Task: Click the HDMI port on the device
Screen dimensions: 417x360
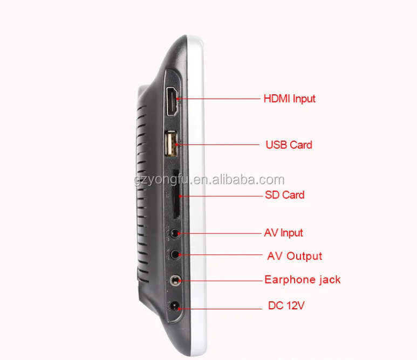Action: tap(173, 101)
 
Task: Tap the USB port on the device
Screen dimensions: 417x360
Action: tap(171, 144)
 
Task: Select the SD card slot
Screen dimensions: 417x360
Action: tap(176, 194)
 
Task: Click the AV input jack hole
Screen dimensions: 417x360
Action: tap(175, 233)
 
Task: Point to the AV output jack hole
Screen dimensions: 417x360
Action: tap(175, 254)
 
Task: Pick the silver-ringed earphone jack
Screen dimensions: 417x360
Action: tap(175, 281)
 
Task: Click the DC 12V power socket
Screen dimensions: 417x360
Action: tap(175, 306)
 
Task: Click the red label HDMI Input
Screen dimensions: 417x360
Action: tap(289, 99)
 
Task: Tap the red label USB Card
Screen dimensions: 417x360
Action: tap(289, 145)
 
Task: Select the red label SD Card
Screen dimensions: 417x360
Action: tap(284, 195)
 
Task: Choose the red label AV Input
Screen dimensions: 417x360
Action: tap(284, 233)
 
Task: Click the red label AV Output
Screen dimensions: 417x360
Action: tap(295, 256)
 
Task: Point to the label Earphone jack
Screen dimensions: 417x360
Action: tap(303, 280)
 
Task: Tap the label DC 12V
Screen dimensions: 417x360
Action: tap(286, 306)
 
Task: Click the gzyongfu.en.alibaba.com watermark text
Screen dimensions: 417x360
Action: tap(209, 181)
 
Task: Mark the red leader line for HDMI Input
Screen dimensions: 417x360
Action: tap(218, 99)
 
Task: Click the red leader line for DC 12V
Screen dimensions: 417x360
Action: tap(220, 309)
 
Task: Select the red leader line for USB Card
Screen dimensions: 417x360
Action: tap(217, 145)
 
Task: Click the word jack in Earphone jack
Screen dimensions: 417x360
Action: tap(330, 280)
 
